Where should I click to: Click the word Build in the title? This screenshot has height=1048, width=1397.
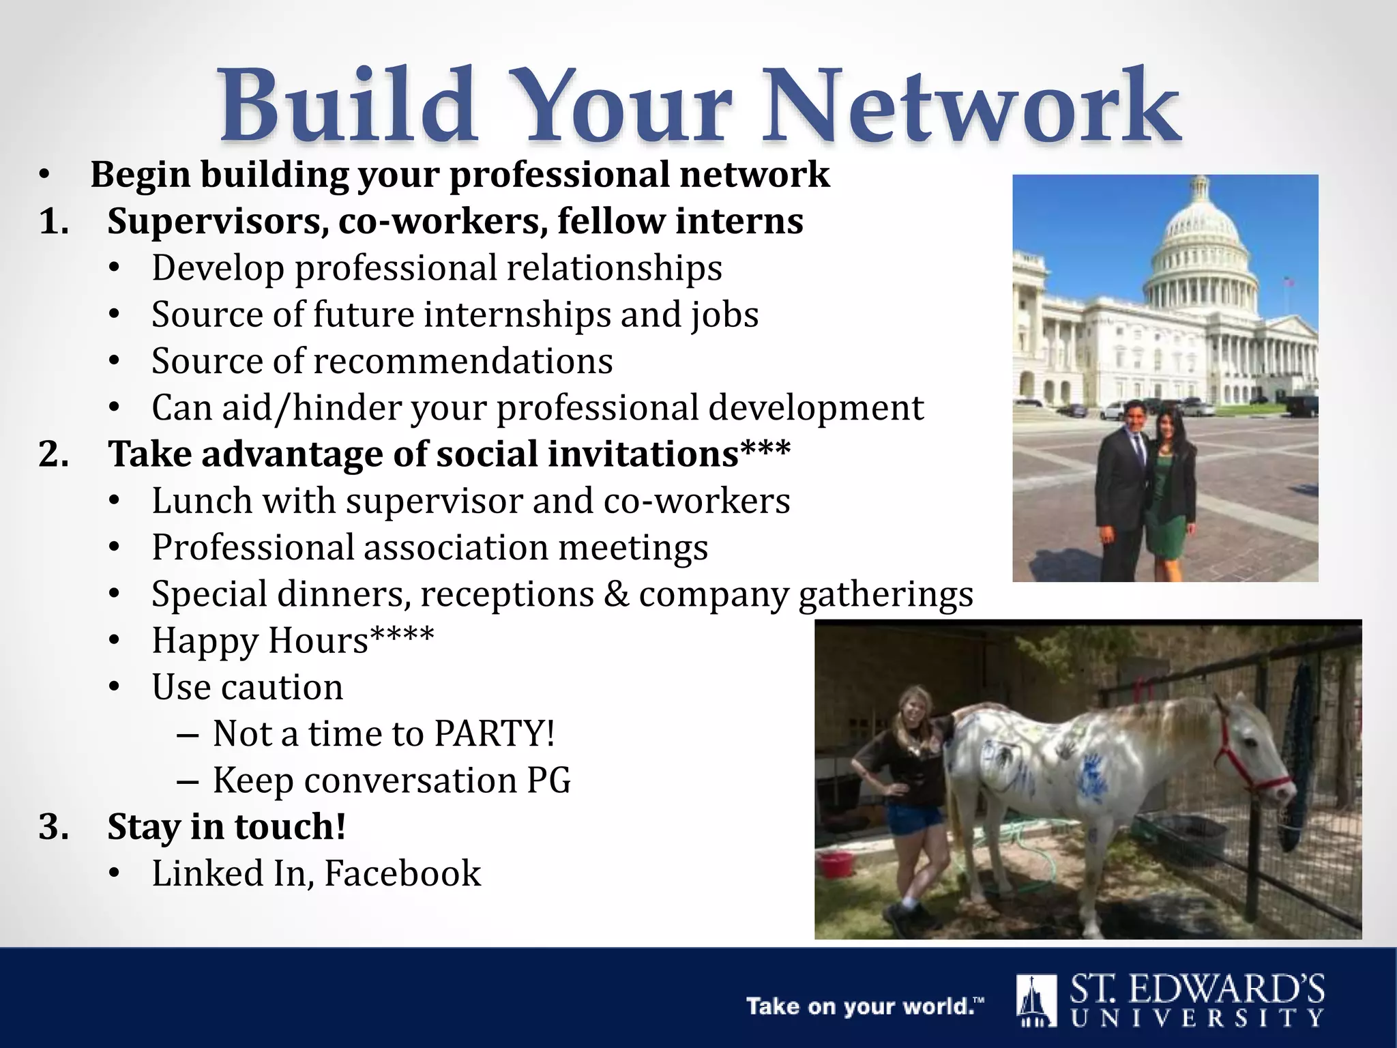[347, 106]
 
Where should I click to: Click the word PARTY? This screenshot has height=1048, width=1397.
[495, 733]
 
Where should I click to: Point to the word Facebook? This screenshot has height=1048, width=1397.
[402, 873]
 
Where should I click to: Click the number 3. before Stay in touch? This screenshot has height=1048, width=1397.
[53, 827]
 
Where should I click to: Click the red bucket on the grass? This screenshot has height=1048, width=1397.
[836, 864]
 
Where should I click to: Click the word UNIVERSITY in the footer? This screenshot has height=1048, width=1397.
[1197, 1018]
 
